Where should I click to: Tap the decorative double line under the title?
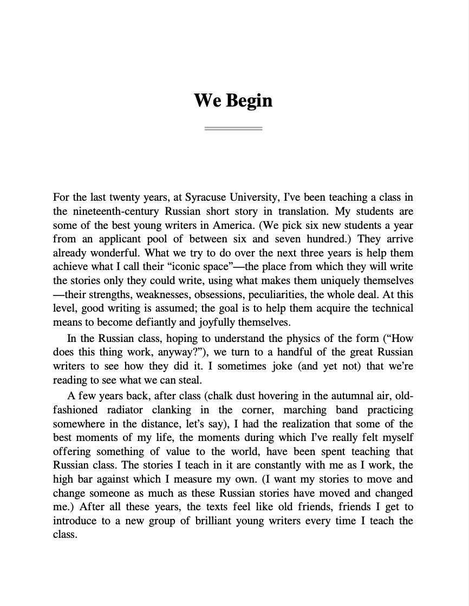(233, 129)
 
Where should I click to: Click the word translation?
(301, 211)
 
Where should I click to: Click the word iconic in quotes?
(192, 267)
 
